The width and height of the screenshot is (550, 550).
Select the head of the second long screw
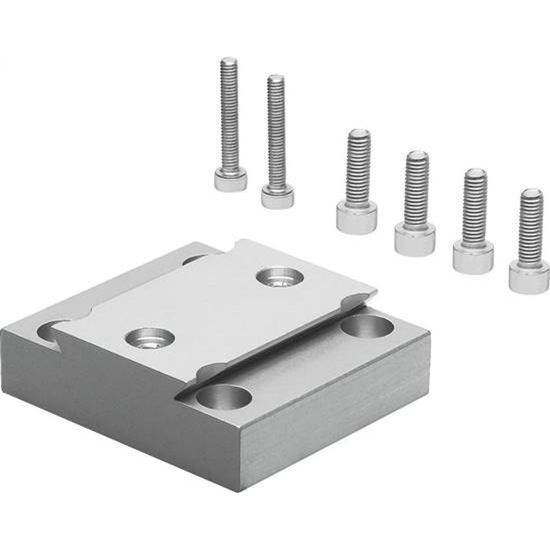point(277,196)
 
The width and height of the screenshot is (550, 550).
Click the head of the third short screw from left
point(473,256)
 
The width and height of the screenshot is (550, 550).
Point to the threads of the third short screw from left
point(475,206)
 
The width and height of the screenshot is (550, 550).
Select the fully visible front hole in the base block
point(222,397)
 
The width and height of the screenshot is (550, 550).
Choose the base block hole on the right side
point(367,327)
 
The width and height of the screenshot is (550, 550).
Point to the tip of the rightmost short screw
point(532,192)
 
